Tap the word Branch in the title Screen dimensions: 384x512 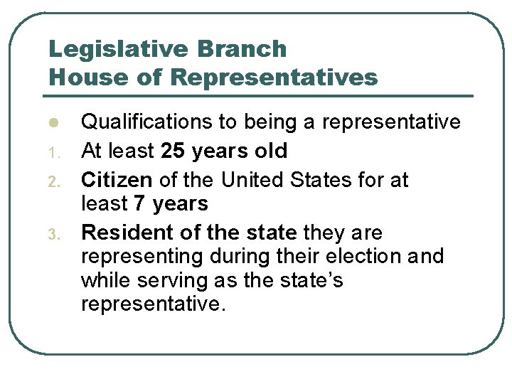pyautogui.click(x=244, y=50)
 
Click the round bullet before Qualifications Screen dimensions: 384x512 pyautogui.click(x=52, y=123)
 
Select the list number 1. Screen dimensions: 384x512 pyautogui.click(x=52, y=151)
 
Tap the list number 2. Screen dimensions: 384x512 pyautogui.click(x=52, y=181)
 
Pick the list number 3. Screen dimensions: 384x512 pyautogui.click(x=52, y=233)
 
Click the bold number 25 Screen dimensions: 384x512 pyautogui.click(x=174, y=151)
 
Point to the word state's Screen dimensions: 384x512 pyautogui.click(x=314, y=280)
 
